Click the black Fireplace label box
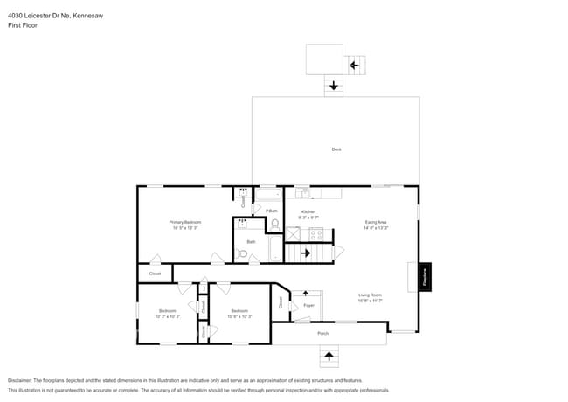(x=426, y=277)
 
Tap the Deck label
(x=336, y=149)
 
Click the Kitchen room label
(x=308, y=213)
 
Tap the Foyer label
(x=308, y=305)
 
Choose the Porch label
(x=322, y=333)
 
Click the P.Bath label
(x=272, y=211)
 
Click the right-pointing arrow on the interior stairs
(x=305, y=253)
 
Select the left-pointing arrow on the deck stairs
(x=355, y=65)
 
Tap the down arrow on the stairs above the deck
(x=334, y=86)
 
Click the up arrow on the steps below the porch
(x=329, y=356)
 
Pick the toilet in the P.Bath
(x=274, y=224)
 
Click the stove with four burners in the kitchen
(x=315, y=233)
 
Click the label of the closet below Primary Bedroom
(x=155, y=274)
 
